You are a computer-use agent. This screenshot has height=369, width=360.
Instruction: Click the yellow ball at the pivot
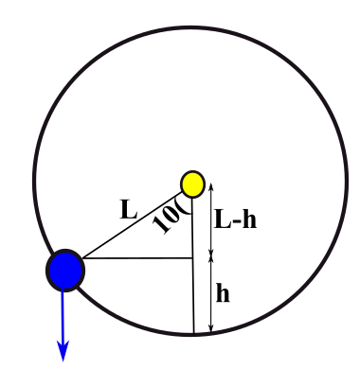192,184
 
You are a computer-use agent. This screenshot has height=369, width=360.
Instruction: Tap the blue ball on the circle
65,270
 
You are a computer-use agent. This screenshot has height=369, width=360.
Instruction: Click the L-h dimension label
235,220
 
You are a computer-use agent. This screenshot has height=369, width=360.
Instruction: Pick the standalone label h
224,293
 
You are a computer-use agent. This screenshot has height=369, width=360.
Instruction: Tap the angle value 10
167,218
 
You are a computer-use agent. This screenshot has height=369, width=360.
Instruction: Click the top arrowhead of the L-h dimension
210,185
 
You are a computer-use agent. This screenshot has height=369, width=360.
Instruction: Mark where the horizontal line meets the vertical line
193,257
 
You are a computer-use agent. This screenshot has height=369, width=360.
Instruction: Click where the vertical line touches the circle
194,334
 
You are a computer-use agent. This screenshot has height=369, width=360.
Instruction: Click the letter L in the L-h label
222,220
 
